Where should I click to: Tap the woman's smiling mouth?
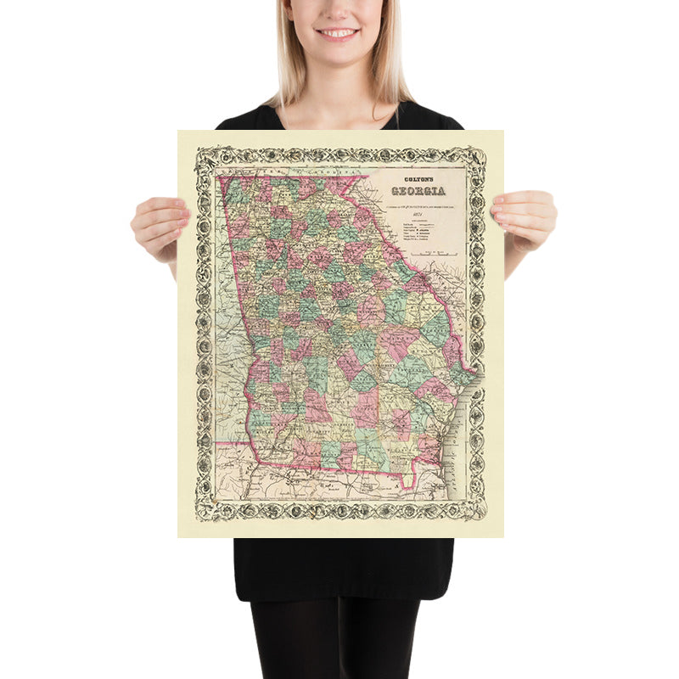(339, 33)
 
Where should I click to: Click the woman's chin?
(339, 53)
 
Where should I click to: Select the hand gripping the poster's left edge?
(159, 222)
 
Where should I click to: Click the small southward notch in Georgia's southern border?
(407, 486)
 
